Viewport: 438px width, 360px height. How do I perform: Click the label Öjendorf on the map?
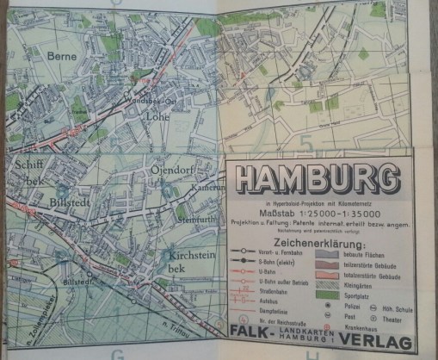coord(173,169)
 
